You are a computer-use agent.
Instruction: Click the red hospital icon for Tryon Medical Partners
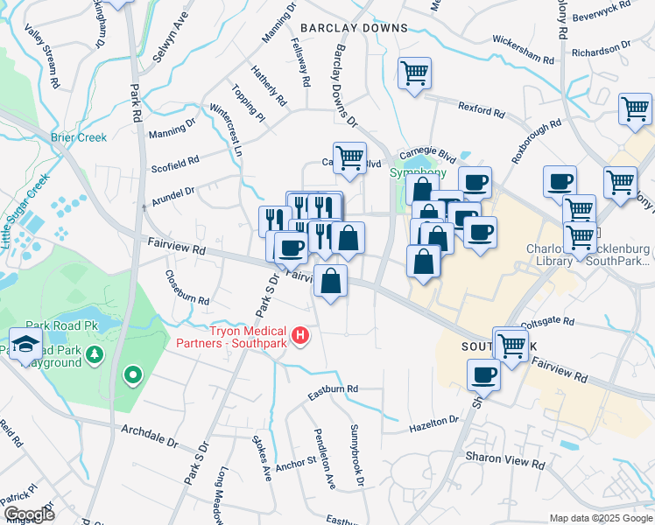pyautogui.click(x=301, y=335)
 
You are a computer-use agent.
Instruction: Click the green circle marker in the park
pyautogui.click(x=133, y=375)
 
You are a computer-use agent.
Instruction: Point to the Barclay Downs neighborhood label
pyautogui.click(x=354, y=28)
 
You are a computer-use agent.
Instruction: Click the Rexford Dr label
pyautogui.click(x=482, y=109)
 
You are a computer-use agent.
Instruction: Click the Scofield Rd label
pyautogui.click(x=175, y=163)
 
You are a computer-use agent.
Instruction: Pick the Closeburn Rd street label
pyautogui.click(x=187, y=288)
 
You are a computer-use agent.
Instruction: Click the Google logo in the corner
pyautogui.click(x=28, y=514)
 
